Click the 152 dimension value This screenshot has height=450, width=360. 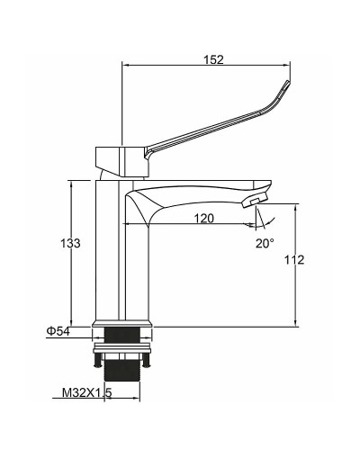[x=213, y=59]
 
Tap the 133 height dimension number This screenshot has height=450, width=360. [x=70, y=243]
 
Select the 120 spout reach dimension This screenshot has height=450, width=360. [x=204, y=218]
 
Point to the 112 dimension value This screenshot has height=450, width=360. [x=294, y=260]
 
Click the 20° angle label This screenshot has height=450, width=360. [x=265, y=243]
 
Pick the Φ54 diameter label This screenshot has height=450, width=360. [x=58, y=331]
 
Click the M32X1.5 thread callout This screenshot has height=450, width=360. [x=86, y=392]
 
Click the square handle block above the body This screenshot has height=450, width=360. [x=122, y=161]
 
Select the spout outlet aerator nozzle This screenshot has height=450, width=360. [x=254, y=200]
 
